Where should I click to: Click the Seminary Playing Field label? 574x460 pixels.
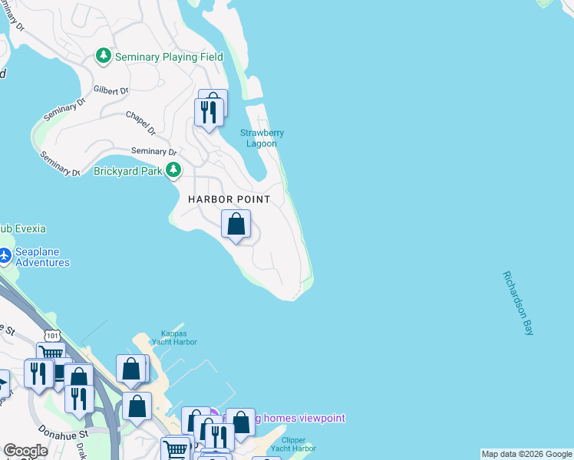168,57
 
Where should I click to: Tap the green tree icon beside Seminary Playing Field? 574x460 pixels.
103,56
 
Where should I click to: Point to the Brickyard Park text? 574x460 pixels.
127,171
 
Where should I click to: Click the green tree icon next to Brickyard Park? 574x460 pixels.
174,169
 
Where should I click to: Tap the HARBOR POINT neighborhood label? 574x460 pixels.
229,199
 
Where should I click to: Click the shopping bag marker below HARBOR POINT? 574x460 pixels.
236,225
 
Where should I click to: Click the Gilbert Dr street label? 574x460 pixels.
111,90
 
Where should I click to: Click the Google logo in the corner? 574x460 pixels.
25,451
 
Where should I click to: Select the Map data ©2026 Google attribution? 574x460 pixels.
526,454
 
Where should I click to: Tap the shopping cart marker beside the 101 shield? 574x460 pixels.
51,353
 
